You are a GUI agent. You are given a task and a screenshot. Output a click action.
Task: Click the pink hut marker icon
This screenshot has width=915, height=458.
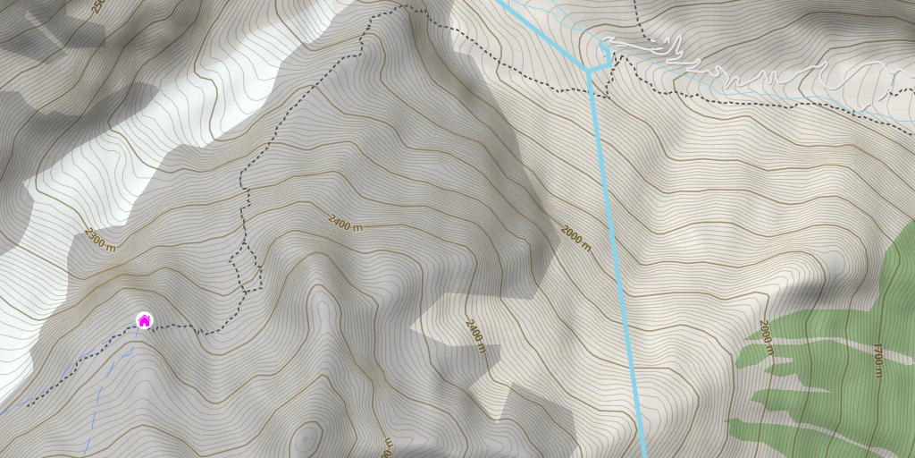click(x=144, y=320)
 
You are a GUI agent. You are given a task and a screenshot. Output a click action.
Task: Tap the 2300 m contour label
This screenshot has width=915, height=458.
click(x=100, y=240)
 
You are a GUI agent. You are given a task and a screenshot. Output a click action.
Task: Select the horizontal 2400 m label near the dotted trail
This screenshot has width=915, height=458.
click(x=345, y=223)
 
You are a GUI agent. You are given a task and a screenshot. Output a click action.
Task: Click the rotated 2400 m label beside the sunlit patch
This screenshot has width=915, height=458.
click(x=475, y=335)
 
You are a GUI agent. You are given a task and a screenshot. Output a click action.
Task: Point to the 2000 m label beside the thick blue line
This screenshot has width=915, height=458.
click(x=576, y=238)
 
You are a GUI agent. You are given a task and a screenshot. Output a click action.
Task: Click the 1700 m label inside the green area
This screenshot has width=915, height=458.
click(x=878, y=360)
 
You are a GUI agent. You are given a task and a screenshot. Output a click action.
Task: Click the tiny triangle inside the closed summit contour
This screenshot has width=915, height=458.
click(x=306, y=439)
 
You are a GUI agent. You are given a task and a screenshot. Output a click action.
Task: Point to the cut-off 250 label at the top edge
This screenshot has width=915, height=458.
click(x=97, y=6)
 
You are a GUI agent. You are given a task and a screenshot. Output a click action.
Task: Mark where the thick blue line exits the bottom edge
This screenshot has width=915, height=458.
click(x=644, y=454)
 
